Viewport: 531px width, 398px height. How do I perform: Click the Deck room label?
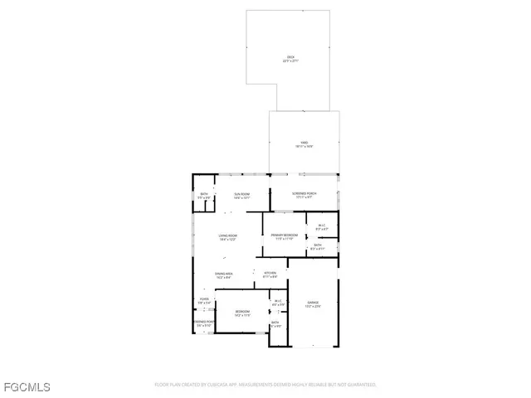tap(289, 57)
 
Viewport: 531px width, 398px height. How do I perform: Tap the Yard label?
tap(304, 143)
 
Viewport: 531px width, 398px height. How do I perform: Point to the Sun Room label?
tap(241, 195)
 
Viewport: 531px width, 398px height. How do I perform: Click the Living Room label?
tap(228, 236)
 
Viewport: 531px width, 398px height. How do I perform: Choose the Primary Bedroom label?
tap(285, 235)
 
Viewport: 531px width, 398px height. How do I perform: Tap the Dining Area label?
tap(223, 274)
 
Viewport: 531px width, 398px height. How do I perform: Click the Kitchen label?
tap(270, 273)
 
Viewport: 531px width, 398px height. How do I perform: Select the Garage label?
tap(313, 302)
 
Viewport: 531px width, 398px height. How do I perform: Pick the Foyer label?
tap(204, 299)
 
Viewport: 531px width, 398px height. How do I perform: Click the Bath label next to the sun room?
tap(204, 194)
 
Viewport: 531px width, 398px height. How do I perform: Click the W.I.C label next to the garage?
tap(278, 301)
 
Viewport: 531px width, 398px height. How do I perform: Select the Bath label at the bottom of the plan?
tap(277, 323)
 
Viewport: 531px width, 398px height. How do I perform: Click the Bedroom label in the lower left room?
tap(241, 312)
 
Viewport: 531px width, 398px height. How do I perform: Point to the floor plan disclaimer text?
tap(265, 385)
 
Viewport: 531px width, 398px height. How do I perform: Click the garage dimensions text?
tap(313, 306)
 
